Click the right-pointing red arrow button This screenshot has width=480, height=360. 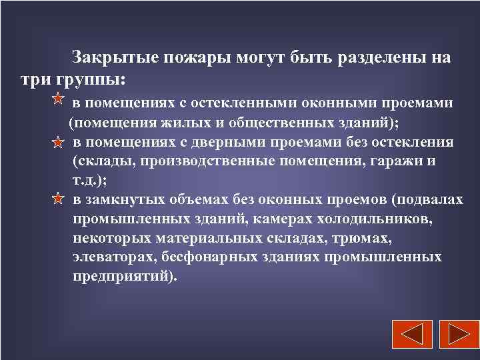[456, 335]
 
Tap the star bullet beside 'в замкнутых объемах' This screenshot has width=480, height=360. [58, 199]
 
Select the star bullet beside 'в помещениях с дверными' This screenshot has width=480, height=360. [58, 143]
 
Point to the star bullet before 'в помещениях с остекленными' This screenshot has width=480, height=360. [58, 101]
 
